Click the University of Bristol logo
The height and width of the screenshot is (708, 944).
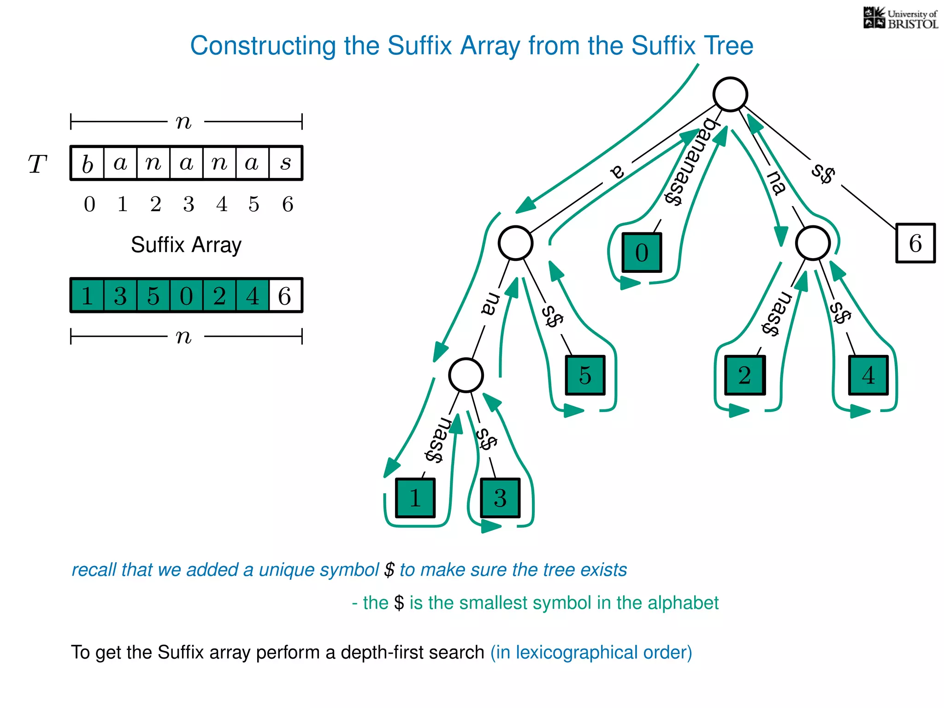[900, 18]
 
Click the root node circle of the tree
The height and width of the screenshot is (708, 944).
[730, 94]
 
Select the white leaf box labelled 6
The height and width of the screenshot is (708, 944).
[915, 243]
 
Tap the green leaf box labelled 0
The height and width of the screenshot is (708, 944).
[642, 253]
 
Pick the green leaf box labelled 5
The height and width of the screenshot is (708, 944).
[585, 375]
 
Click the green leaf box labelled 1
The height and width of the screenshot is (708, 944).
[415, 498]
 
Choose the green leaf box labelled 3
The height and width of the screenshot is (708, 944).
[500, 498]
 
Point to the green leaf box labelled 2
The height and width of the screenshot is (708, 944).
[744, 375]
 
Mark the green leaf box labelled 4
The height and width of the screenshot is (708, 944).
[868, 375]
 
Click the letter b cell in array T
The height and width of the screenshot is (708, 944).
[88, 163]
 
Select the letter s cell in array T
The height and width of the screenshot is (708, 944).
[286, 163]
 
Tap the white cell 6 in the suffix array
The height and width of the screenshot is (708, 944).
[285, 295]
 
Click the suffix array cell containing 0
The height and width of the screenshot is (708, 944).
[186, 295]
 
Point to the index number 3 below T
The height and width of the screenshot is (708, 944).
[189, 204]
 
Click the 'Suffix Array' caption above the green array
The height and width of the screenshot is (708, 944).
[186, 245]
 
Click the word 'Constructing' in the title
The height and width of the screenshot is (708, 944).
[263, 46]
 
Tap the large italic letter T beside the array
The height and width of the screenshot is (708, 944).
[37, 164]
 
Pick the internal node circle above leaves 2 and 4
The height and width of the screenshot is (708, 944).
[813, 243]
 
